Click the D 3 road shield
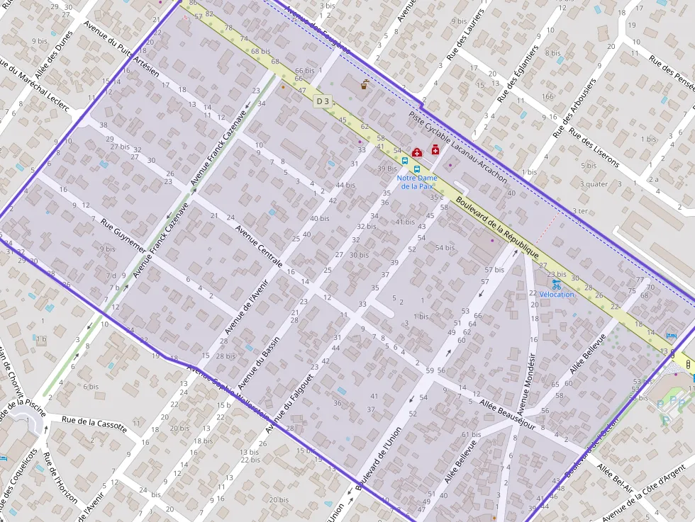coord(323,101)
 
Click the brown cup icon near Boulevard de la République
coord(365,86)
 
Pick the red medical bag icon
coord(417,152)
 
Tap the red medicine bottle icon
coord(434,149)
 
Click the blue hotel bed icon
coord(672,335)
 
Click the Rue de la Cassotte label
coord(94,423)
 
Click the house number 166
coord(547,97)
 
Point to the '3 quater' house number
coord(594,184)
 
